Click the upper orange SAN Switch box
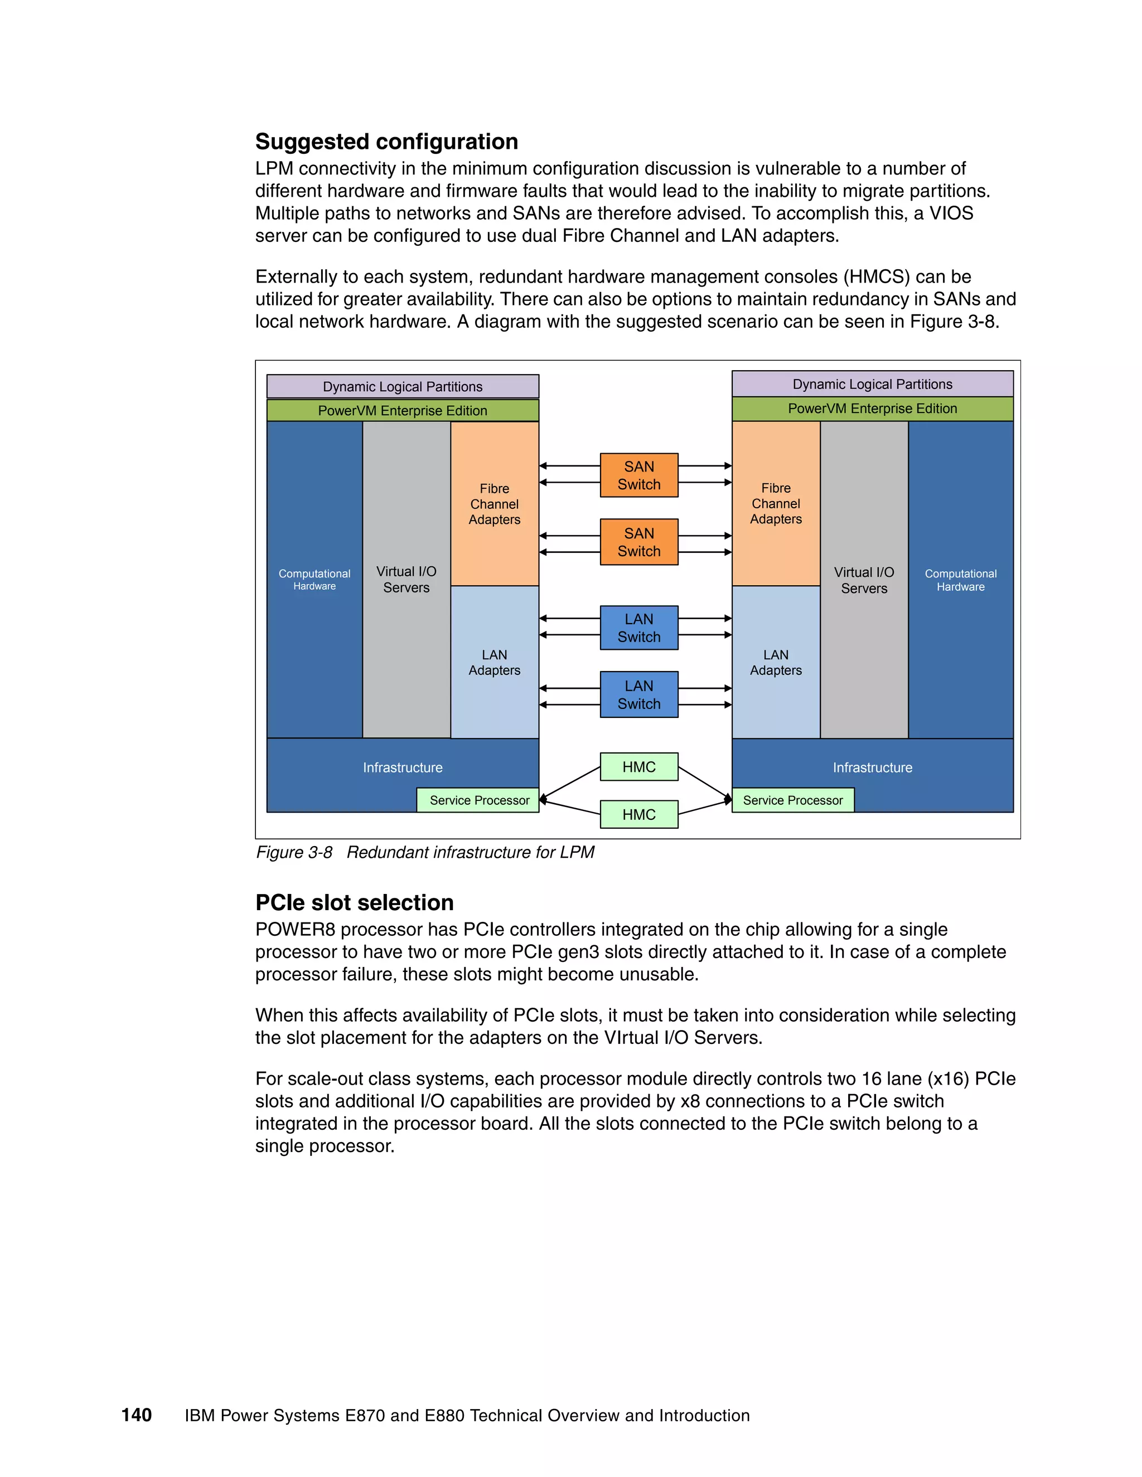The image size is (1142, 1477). click(x=638, y=475)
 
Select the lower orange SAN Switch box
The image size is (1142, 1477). click(x=638, y=542)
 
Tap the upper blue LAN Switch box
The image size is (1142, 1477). click(x=638, y=628)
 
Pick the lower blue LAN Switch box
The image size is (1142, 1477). click(x=638, y=694)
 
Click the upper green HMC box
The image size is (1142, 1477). click(x=638, y=767)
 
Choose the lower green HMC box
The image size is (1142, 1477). click(x=638, y=814)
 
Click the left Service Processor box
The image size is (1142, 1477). click(x=478, y=800)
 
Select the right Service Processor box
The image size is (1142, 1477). click(x=792, y=800)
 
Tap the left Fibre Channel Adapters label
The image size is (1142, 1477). click(x=494, y=504)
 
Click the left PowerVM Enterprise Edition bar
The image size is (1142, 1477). click(x=403, y=411)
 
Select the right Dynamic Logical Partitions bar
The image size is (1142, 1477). click(x=872, y=384)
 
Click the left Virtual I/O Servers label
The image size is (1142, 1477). click(x=406, y=580)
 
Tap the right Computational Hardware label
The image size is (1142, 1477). click(x=960, y=580)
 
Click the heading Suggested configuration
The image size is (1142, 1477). click(x=386, y=142)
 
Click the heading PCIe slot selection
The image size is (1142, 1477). click(x=354, y=902)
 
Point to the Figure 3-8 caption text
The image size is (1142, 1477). click(x=425, y=852)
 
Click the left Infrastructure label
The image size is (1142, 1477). click(x=403, y=767)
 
